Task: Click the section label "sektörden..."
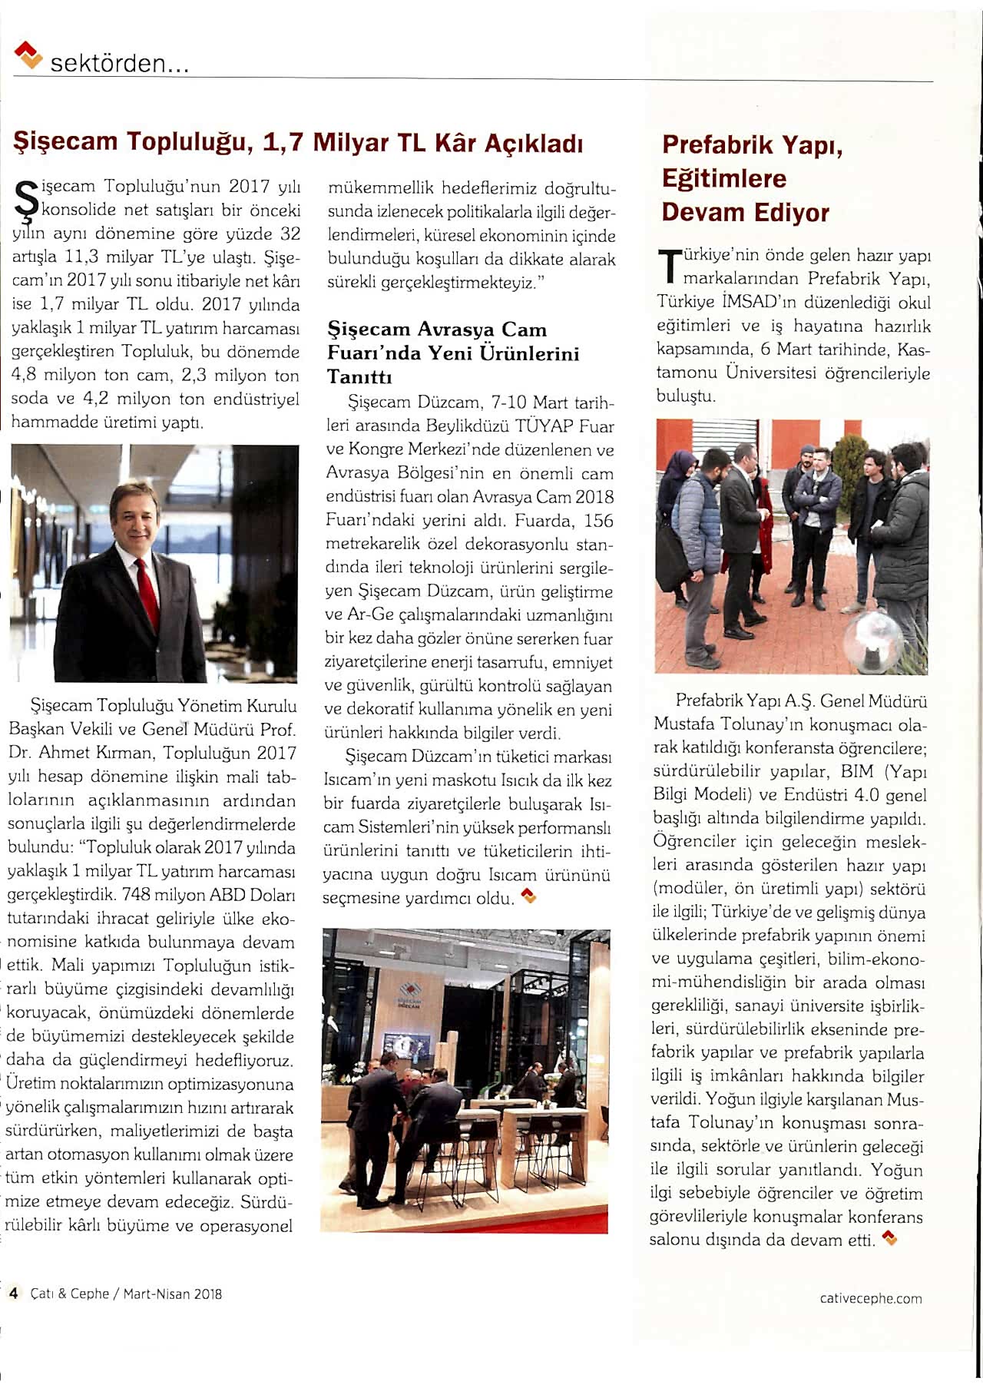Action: point(119,64)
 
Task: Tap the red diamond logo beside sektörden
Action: point(28,55)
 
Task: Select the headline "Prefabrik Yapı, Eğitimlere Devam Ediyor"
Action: point(752,178)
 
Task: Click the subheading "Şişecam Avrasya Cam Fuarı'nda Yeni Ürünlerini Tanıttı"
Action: point(453,353)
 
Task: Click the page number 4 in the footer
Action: point(13,1294)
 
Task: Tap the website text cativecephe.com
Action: point(870,1298)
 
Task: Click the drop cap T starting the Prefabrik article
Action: point(668,266)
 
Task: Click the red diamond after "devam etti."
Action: point(889,1237)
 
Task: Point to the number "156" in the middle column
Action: point(598,521)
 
